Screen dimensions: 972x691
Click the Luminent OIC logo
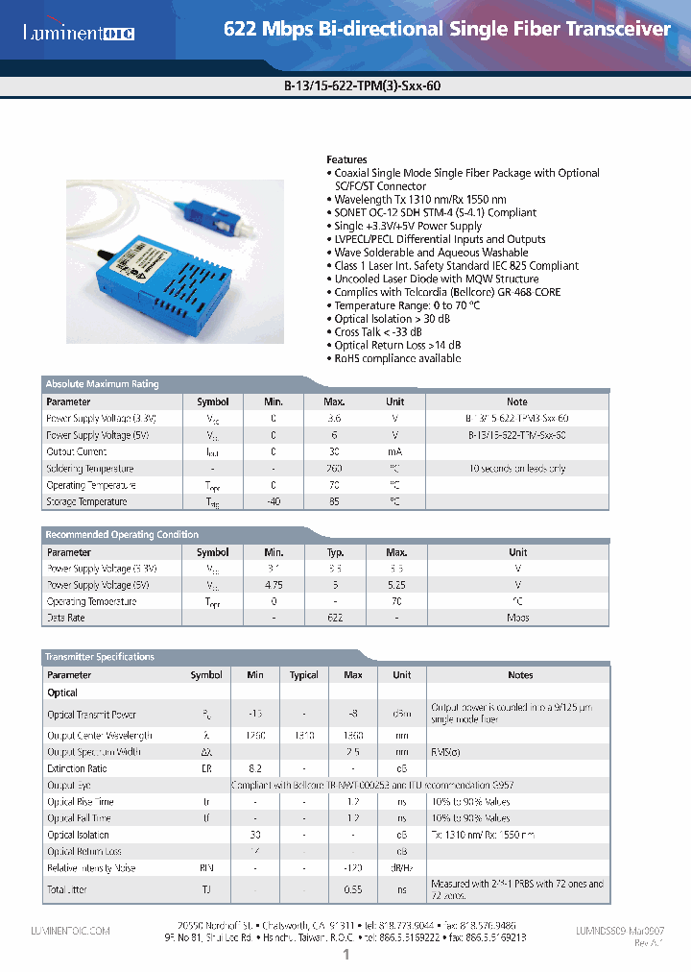coord(79,34)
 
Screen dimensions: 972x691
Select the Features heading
coord(346,159)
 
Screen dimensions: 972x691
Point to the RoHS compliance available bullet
coord(397,358)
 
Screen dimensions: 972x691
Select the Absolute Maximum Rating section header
coord(102,384)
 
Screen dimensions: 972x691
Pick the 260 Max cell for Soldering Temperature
coord(334,469)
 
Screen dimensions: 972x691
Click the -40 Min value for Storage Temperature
coord(273,501)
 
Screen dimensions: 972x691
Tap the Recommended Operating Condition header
coord(122,535)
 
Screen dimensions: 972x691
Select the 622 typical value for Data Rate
coord(335,618)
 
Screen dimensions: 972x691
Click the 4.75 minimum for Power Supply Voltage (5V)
coord(274,585)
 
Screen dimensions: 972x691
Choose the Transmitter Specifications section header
coord(99,657)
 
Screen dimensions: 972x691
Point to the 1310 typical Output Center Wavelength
coord(303,736)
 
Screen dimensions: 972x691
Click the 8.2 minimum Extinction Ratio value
coord(255,769)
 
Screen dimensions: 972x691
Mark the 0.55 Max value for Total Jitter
coord(352,890)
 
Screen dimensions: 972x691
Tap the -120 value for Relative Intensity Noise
coord(352,868)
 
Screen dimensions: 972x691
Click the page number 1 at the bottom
coord(345,955)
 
